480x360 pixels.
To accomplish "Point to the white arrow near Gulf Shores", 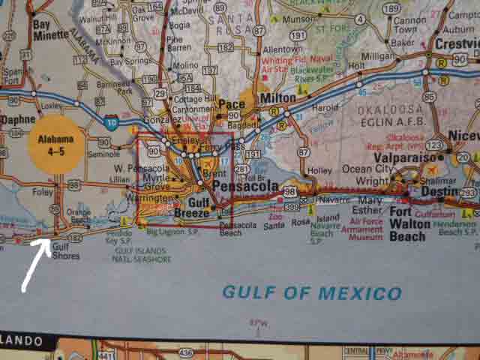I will [x=35, y=263].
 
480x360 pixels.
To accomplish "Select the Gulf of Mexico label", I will [x=311, y=292].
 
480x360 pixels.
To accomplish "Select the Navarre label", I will [x=328, y=201].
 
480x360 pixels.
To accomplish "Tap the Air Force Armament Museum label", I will [x=361, y=228].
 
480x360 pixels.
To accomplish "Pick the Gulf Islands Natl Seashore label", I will [x=139, y=255].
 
